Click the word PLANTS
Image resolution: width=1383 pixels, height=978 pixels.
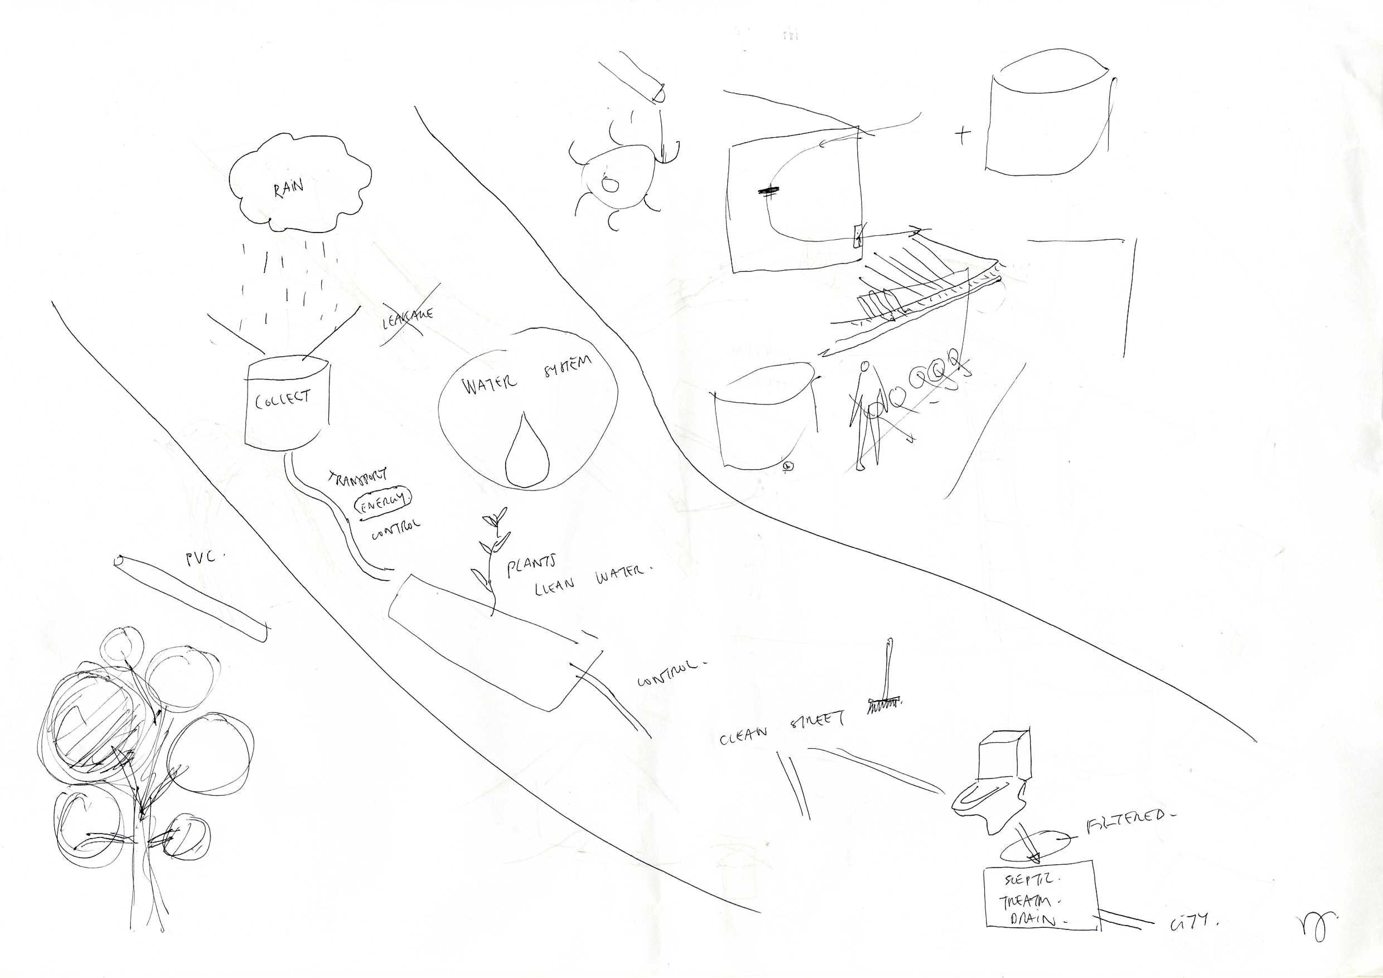click(x=530, y=566)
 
